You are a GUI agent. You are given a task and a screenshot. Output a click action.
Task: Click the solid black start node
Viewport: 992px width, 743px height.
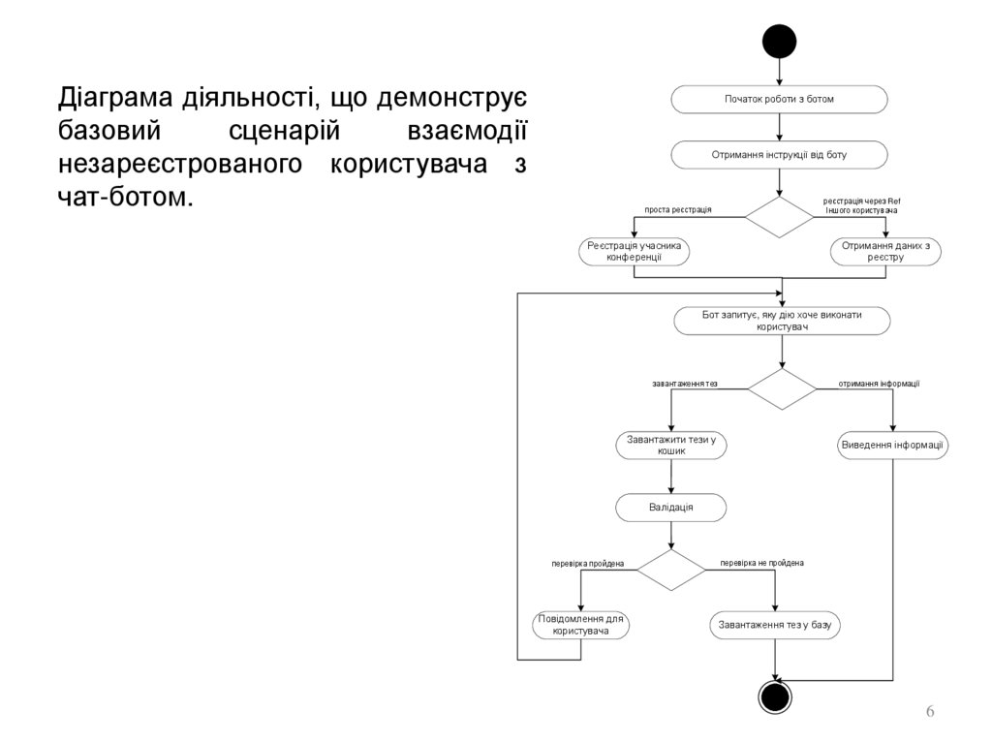[779, 41]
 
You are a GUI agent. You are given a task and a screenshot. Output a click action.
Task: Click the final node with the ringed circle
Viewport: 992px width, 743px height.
[776, 697]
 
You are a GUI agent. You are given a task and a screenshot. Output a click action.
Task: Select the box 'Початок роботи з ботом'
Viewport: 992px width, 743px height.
[779, 99]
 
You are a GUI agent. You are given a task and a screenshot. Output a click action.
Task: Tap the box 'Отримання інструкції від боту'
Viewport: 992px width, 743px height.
[779, 154]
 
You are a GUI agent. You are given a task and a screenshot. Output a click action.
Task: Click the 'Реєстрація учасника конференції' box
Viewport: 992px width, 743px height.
[635, 251]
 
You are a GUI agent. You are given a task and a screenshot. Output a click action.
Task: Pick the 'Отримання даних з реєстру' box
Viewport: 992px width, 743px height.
[885, 251]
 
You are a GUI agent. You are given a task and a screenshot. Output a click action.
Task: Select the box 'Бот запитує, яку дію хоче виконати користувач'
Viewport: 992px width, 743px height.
[782, 321]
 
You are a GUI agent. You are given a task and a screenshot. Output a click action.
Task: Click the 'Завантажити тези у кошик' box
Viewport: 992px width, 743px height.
[670, 445]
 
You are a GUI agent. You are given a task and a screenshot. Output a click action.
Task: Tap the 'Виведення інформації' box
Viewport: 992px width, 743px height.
[892, 446]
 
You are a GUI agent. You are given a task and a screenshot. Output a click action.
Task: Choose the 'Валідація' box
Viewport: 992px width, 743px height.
[670, 507]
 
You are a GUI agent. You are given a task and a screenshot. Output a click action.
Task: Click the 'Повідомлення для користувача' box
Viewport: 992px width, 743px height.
[581, 625]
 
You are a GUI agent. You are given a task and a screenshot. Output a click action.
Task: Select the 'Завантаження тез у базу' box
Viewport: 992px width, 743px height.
[775, 625]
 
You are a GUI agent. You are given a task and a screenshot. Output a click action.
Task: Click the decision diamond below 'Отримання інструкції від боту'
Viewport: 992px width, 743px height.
[780, 217]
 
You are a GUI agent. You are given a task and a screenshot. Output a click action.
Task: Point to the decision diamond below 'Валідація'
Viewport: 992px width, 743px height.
[670, 570]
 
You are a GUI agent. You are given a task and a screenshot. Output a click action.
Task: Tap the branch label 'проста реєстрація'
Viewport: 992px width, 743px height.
[678, 209]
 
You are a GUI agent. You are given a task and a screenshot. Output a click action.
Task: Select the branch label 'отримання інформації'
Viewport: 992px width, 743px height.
[879, 384]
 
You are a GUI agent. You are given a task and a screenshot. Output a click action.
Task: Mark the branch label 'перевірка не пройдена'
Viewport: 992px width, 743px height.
[761, 563]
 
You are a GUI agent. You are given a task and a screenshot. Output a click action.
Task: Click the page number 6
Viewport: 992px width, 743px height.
[930, 712]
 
